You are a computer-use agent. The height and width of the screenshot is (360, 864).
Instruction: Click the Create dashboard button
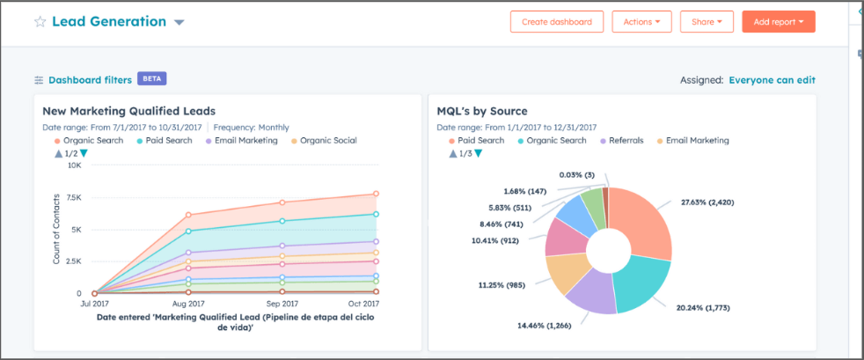557,22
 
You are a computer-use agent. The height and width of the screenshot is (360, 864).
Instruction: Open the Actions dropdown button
641,22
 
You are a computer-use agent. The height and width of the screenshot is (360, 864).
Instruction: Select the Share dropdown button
707,22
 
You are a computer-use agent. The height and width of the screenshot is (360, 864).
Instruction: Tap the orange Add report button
778,22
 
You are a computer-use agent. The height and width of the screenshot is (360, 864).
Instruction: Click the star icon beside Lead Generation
40,22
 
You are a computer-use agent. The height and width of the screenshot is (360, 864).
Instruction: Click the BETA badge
151,79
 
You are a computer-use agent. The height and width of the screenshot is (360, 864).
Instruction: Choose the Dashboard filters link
90,80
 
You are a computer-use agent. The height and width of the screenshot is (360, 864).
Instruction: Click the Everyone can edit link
772,80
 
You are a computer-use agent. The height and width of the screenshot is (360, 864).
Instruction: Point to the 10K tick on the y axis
74,165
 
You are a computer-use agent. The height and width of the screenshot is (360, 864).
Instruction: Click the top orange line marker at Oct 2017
376,194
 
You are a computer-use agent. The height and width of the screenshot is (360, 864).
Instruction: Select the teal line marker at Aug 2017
187,231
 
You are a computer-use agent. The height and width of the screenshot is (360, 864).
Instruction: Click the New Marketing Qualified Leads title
129,111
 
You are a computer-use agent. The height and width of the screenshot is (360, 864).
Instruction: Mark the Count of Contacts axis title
56,230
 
